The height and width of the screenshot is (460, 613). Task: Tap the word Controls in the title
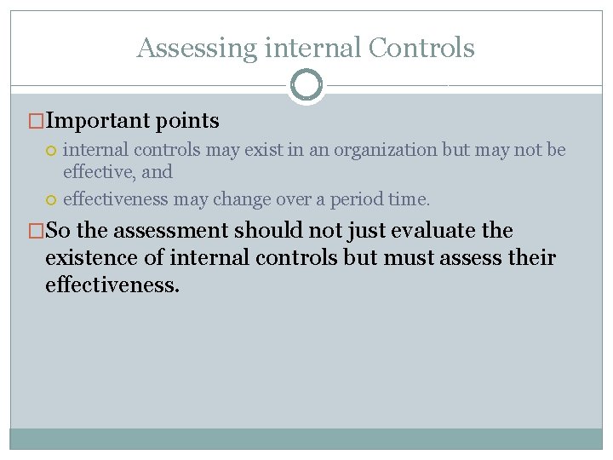point(421,48)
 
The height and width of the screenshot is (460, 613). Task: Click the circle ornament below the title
point(306,85)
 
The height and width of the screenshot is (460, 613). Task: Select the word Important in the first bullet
point(98,122)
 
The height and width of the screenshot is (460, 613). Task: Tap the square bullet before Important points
point(35,122)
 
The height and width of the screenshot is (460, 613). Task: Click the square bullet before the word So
point(35,231)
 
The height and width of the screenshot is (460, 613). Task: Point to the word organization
point(385,150)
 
